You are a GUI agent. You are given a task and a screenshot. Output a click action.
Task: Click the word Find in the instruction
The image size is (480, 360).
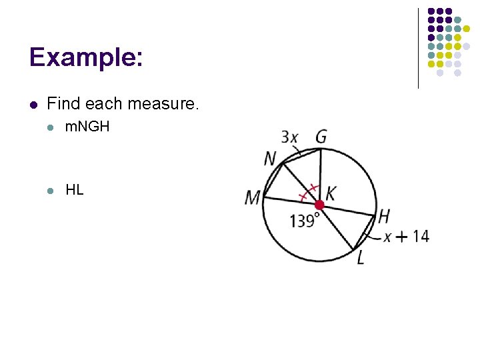63,104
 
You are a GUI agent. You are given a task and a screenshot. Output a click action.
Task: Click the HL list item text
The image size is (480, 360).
75,189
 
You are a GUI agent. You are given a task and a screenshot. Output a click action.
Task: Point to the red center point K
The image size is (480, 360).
319,204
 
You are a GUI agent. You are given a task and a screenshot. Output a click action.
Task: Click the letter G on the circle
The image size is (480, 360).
321,137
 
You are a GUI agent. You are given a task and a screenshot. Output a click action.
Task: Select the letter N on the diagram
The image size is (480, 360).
270,159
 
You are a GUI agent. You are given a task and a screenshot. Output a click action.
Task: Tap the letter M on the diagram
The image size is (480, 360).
253,198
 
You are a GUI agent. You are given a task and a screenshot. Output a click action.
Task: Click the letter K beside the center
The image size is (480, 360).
331,193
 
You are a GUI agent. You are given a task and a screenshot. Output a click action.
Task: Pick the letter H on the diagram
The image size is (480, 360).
383,215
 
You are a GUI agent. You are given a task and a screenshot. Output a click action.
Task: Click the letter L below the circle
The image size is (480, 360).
361,257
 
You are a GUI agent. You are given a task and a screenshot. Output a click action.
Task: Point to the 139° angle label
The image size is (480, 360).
304,221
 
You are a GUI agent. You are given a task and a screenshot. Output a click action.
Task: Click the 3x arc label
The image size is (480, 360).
290,137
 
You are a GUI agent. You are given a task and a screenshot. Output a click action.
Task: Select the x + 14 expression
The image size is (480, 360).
405,236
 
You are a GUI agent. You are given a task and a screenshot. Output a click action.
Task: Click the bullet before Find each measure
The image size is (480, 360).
33,104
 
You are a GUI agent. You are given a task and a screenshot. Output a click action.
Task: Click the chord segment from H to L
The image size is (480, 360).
365,233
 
